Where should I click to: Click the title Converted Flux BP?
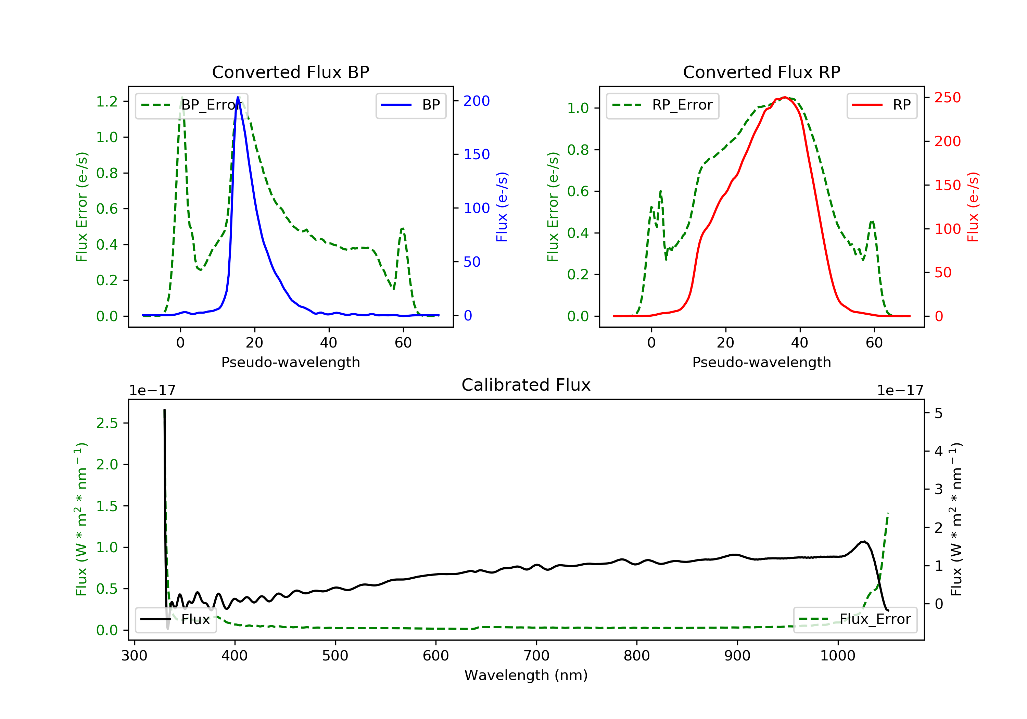(291, 72)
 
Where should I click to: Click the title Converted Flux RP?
(762, 72)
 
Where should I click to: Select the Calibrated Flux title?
(526, 385)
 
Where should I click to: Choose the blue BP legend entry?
(410, 105)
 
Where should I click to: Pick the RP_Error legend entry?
(662, 105)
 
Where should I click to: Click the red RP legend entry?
(882, 105)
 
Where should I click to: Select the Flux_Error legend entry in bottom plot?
(855, 619)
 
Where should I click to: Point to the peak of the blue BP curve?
(238, 97)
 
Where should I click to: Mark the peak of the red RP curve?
(785, 97)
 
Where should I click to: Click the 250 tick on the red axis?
(947, 98)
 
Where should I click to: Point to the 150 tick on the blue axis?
(477, 154)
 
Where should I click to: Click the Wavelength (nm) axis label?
(526, 675)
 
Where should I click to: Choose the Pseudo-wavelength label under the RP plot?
(762, 362)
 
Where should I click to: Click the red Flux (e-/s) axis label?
(973, 207)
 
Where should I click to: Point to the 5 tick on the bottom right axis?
(939, 413)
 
